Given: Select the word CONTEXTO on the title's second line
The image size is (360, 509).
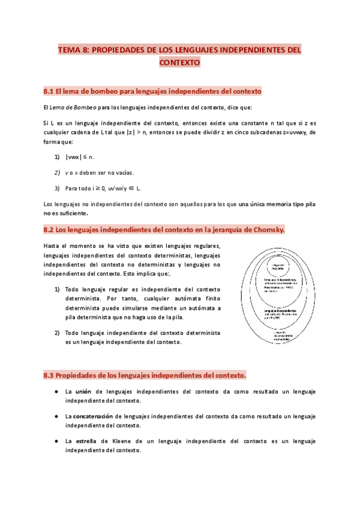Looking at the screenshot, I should click(179, 62).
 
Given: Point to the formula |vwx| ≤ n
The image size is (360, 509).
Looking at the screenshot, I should click(80, 157).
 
